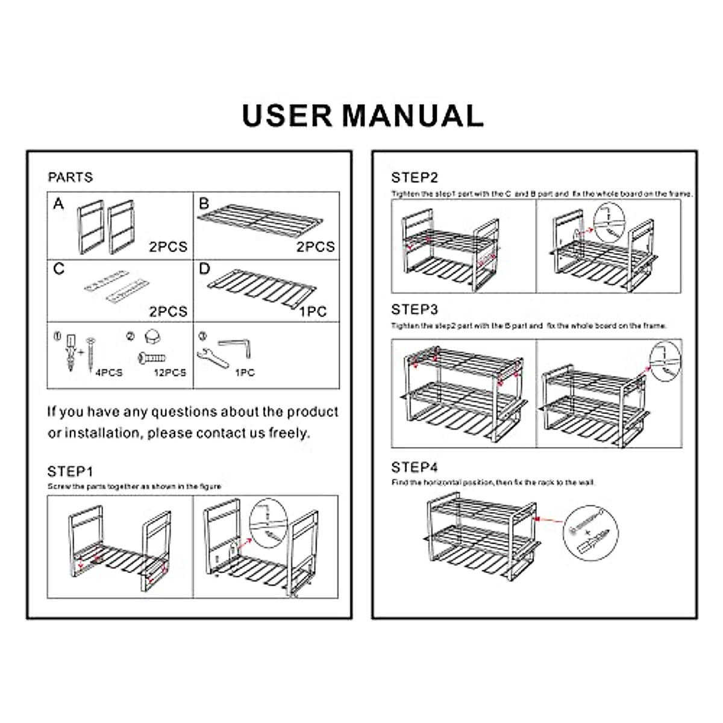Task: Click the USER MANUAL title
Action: pyautogui.click(x=363, y=115)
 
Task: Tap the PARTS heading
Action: pyautogui.click(x=70, y=177)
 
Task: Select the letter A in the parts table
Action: pyautogui.click(x=58, y=204)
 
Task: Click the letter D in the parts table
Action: pyautogui.click(x=204, y=268)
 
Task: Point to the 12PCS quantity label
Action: pyautogui.click(x=170, y=372)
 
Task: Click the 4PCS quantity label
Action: pyautogui.click(x=108, y=372)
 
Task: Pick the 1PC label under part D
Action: pyautogui.click(x=313, y=311)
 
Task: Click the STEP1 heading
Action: pyautogui.click(x=70, y=471)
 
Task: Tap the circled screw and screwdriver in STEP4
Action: pyautogui.click(x=590, y=532)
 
